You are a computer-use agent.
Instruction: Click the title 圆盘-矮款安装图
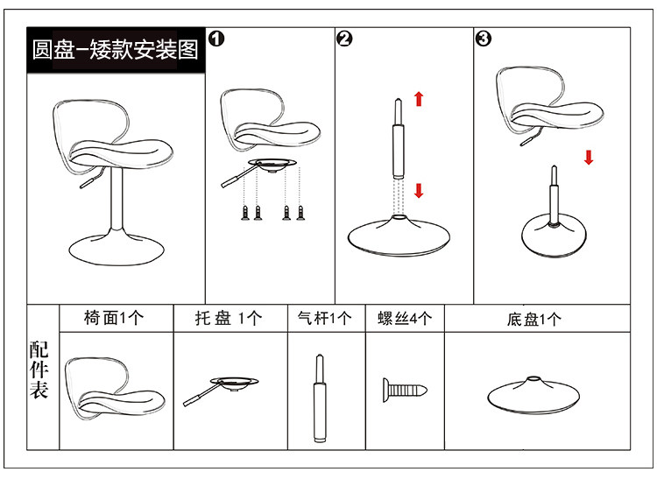pos(116,50)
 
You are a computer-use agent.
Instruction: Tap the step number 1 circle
pos(216,39)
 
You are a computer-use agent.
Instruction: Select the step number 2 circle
pos(344,39)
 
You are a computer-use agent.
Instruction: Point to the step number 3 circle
pos(483,39)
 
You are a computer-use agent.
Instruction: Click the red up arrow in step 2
pos(419,99)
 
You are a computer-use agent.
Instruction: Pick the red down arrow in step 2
pos(419,190)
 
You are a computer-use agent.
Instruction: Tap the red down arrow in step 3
pos(589,158)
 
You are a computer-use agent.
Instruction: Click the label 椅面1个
pos(114,318)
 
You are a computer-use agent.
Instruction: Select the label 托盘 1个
pos(229,319)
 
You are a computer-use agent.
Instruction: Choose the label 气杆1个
pos(324,319)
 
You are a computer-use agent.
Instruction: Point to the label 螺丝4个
pos(405,319)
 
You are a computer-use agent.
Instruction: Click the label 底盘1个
pos(533,320)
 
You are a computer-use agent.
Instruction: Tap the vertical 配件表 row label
pos(39,370)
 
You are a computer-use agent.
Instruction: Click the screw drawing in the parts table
pos(405,391)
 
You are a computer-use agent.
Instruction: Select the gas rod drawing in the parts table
pos(320,398)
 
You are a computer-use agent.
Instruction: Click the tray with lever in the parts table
pos(221,391)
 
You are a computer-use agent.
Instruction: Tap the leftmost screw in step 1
pos(245,213)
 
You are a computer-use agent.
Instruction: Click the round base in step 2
pos(399,236)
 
